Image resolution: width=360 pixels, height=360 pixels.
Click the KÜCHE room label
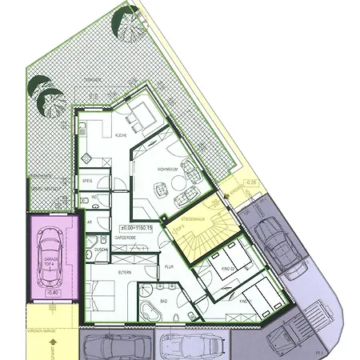pyautogui.click(x=122, y=136)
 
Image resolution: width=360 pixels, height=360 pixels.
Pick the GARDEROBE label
pyautogui.click(x=129, y=238)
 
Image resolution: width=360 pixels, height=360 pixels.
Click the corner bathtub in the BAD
pyautogui.click(x=150, y=310)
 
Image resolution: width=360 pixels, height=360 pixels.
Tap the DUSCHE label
pyautogui.click(x=102, y=250)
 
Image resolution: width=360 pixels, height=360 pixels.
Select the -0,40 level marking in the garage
pyautogui.click(x=52, y=293)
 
